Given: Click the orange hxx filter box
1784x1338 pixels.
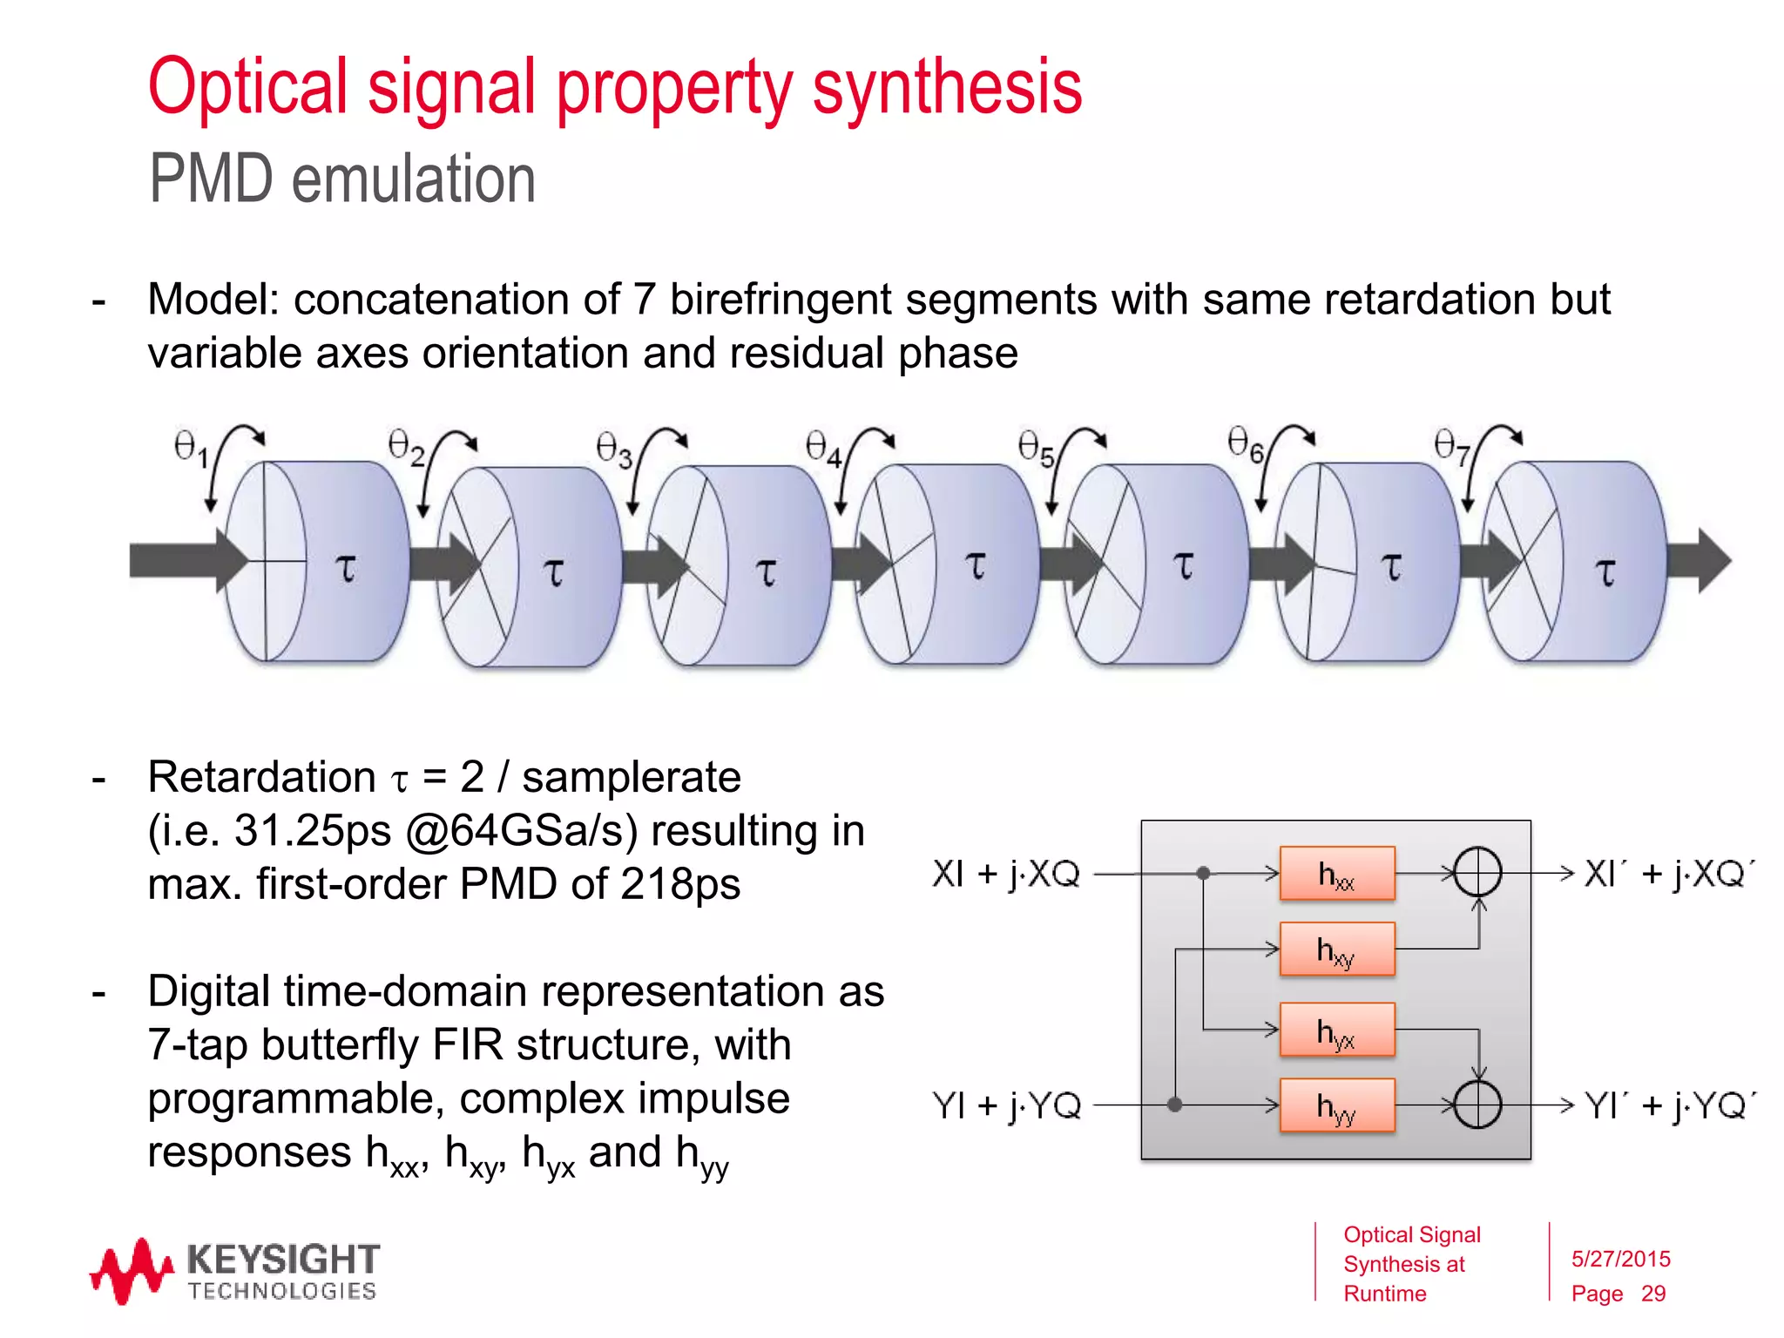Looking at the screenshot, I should [x=1336, y=873].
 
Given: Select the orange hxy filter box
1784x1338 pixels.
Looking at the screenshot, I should [x=1336, y=949].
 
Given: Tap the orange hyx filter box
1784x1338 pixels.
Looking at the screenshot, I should [x=1336, y=1030].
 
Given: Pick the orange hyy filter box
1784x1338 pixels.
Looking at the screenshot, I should [x=1336, y=1105].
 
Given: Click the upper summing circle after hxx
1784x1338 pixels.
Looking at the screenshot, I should [x=1478, y=873].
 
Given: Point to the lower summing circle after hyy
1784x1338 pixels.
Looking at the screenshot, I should [x=1478, y=1105].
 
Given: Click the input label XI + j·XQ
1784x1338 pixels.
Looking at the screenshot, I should [x=1006, y=873].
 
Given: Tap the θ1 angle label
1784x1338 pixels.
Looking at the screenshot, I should [x=191, y=448].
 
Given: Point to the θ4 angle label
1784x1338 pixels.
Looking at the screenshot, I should [x=823, y=448].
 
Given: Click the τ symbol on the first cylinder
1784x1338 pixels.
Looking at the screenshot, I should [x=346, y=568].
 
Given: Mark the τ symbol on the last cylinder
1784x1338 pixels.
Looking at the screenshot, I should [x=1605, y=571].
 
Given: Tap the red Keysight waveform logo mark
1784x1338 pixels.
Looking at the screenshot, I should [x=132, y=1271].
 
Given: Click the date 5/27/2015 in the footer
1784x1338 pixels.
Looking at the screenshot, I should [x=1620, y=1259].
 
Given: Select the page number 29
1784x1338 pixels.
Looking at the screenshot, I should [x=1652, y=1294].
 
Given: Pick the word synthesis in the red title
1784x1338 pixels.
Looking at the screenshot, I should [x=947, y=87].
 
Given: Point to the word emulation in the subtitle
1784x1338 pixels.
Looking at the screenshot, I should [x=413, y=179].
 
